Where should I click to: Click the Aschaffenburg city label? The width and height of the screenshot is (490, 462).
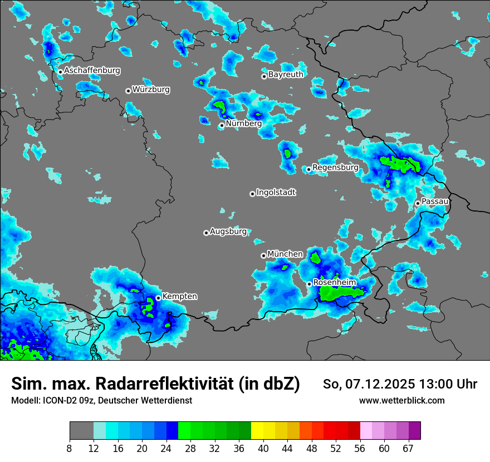tap(92, 71)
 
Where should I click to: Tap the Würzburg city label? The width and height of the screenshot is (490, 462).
tap(151, 89)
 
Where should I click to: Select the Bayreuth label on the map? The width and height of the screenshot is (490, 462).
tap(286, 74)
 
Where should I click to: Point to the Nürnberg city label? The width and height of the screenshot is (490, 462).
tap(243, 124)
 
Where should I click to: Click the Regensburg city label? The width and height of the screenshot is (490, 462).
tap(335, 167)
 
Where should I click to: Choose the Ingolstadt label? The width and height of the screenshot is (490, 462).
tap(276, 192)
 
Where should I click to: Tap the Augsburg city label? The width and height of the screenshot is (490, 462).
tap(228, 231)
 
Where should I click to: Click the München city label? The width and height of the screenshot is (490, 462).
tap(285, 254)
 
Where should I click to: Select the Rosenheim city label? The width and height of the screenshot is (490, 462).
tap(335, 283)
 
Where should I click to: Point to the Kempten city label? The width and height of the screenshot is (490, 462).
tap(179, 296)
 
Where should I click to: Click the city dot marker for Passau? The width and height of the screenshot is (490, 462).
tap(418, 203)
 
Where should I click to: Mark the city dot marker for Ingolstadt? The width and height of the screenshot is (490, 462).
tap(252, 194)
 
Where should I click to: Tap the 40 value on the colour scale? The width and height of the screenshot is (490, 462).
tap(263, 449)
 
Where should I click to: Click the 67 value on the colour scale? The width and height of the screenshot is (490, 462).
tap(408, 449)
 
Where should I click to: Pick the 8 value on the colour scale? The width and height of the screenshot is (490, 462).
tap(70, 449)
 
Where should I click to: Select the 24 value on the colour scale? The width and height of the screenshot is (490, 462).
tap(166, 449)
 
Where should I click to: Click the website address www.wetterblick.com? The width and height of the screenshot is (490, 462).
tap(401, 401)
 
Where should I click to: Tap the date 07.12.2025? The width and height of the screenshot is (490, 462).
tap(371, 384)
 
